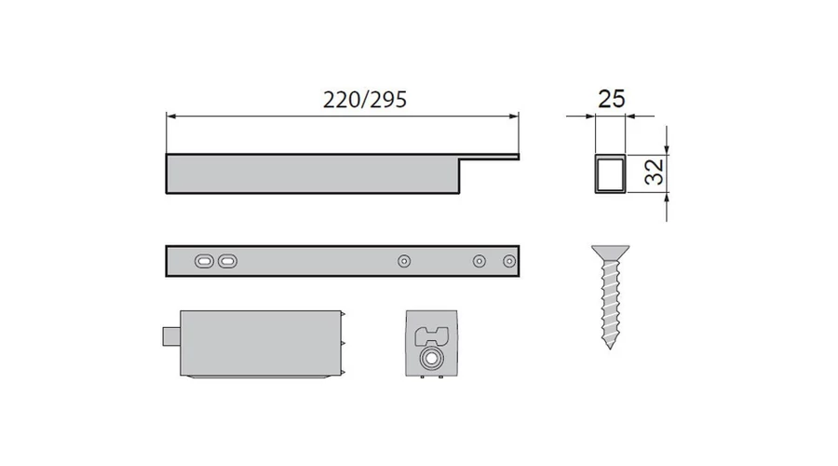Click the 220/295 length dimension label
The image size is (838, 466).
[365, 100]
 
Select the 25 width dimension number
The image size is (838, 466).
[611, 99]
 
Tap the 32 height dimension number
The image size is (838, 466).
[654, 171]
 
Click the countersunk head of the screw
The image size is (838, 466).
[610, 253]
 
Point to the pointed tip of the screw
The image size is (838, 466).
[610, 347]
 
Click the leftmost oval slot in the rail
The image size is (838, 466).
[204, 261]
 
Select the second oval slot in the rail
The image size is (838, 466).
[228, 261]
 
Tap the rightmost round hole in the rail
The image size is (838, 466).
[509, 261]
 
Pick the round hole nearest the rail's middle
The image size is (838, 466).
[404, 261]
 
